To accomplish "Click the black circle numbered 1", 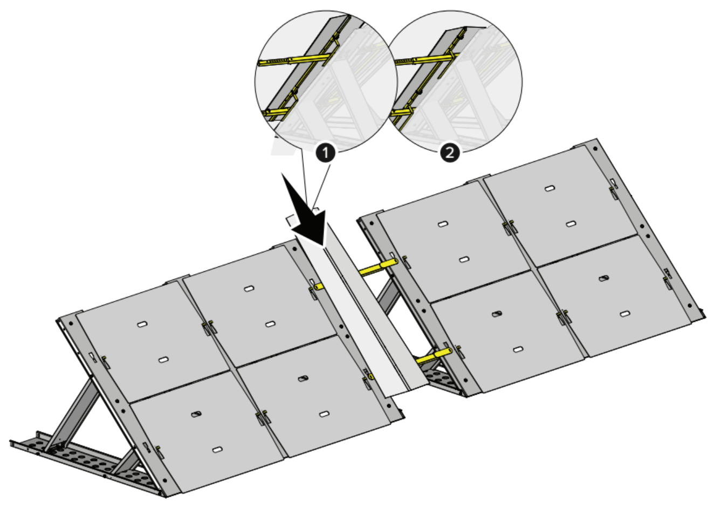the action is pyautogui.click(x=325, y=153).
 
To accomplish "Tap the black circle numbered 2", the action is pyautogui.click(x=450, y=153).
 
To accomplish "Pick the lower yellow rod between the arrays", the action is pyautogui.click(x=434, y=356).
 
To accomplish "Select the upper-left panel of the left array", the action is pyautogui.click(x=153, y=342).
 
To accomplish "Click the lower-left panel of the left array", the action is pyautogui.click(x=208, y=432).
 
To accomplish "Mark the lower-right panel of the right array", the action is pyautogui.click(x=614, y=296).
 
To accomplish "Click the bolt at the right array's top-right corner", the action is pyautogui.click(x=595, y=148).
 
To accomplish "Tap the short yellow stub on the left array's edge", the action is pyautogui.click(x=319, y=287).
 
